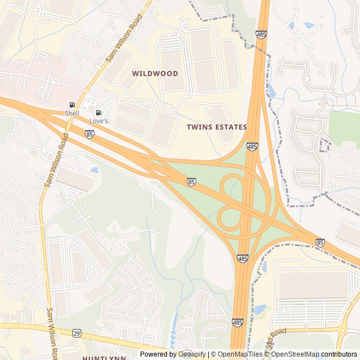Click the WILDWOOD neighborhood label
[155, 74]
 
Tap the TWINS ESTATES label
[217, 127]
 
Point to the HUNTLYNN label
[103, 357]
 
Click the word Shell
[72, 113]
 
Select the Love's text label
[99, 121]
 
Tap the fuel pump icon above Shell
[72, 105]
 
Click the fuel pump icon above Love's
[99, 112]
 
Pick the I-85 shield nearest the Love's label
[90, 134]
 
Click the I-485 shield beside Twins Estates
[252, 147]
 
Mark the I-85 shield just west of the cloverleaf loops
[192, 182]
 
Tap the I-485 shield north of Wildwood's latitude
[260, 35]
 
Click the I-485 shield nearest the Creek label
[237, 323]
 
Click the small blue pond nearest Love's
[94, 169]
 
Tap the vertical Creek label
[173, 336]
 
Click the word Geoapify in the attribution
[192, 354]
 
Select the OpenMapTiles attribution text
[240, 354]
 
